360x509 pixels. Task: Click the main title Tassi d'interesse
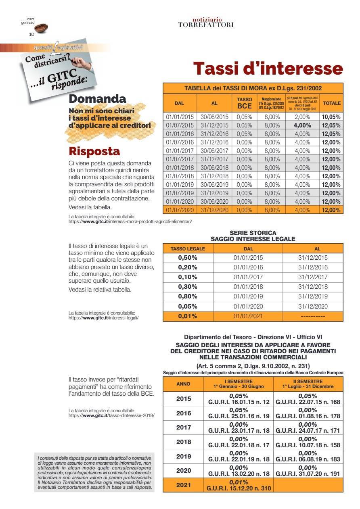pos(268,68)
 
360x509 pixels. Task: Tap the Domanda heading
pos(97,99)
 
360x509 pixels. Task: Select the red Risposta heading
pos(94,151)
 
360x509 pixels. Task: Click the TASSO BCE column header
pos(244,103)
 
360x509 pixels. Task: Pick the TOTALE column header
pos(331,103)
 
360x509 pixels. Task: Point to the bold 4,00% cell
pos(302,125)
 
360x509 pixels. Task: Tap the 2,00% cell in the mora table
pos(302,117)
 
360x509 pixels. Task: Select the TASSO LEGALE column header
pos(188,249)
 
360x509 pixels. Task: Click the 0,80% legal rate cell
pos(188,297)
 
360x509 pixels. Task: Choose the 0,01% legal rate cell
pos(188,316)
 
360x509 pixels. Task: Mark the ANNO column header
pos(183,384)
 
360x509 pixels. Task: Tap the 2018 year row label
pos(183,442)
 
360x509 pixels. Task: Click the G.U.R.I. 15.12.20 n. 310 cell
pos(239,485)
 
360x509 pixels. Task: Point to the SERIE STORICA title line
pos(253,233)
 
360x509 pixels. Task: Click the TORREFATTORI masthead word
pos(205,25)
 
